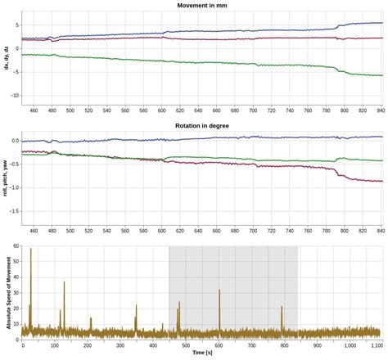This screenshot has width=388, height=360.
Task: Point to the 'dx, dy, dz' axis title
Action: click(x=7, y=57)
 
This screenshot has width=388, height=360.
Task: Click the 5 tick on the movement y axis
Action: click(x=16, y=25)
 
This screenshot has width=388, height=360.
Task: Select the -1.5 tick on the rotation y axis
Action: click(x=12, y=212)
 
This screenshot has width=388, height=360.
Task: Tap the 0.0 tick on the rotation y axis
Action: click(x=13, y=141)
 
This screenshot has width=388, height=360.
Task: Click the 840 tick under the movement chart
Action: click(x=381, y=110)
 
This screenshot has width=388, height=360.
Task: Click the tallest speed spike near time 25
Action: click(x=31, y=249)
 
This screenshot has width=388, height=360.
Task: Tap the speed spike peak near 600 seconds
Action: click(x=219, y=290)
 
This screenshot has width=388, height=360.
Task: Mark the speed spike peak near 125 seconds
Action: click(x=64, y=282)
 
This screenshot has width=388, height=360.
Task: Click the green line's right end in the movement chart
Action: click(x=381, y=75)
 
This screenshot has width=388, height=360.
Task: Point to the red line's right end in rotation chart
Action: click(x=381, y=181)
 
